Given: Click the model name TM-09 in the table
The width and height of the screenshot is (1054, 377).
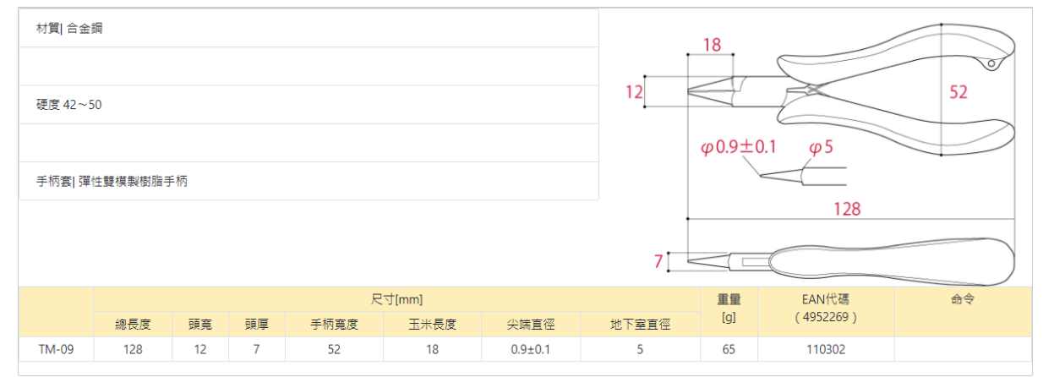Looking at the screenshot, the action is [56, 348].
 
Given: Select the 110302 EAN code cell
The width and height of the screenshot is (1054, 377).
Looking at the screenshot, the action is [825, 348].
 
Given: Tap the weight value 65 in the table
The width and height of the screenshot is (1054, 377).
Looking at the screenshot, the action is [729, 348].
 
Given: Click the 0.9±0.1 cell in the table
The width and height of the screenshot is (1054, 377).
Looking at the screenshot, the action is [531, 348].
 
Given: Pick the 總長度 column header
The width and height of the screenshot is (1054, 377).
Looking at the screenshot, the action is [133, 325].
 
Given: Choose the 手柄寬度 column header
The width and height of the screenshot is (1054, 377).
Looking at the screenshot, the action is [335, 325].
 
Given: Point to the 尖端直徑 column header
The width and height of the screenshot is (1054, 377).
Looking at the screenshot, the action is [531, 325].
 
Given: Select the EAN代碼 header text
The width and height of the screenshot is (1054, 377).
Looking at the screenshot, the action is [825, 299].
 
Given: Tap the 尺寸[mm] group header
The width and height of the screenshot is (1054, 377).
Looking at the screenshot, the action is [396, 299].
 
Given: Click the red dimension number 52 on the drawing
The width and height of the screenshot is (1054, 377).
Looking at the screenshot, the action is [958, 92].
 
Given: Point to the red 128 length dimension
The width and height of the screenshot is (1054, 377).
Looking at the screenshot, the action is [847, 208].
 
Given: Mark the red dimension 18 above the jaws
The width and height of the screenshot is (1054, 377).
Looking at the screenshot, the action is [713, 45].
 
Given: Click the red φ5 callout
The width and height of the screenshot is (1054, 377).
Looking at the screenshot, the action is [821, 147].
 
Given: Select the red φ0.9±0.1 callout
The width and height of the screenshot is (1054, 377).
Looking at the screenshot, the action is [739, 147].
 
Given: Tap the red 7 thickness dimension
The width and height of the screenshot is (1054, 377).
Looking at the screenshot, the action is [658, 262].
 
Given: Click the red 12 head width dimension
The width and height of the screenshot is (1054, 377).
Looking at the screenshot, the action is [634, 92].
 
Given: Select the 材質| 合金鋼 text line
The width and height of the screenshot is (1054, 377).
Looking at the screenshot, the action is [69, 29].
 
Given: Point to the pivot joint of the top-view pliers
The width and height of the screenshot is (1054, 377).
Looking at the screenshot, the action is [812, 89].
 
